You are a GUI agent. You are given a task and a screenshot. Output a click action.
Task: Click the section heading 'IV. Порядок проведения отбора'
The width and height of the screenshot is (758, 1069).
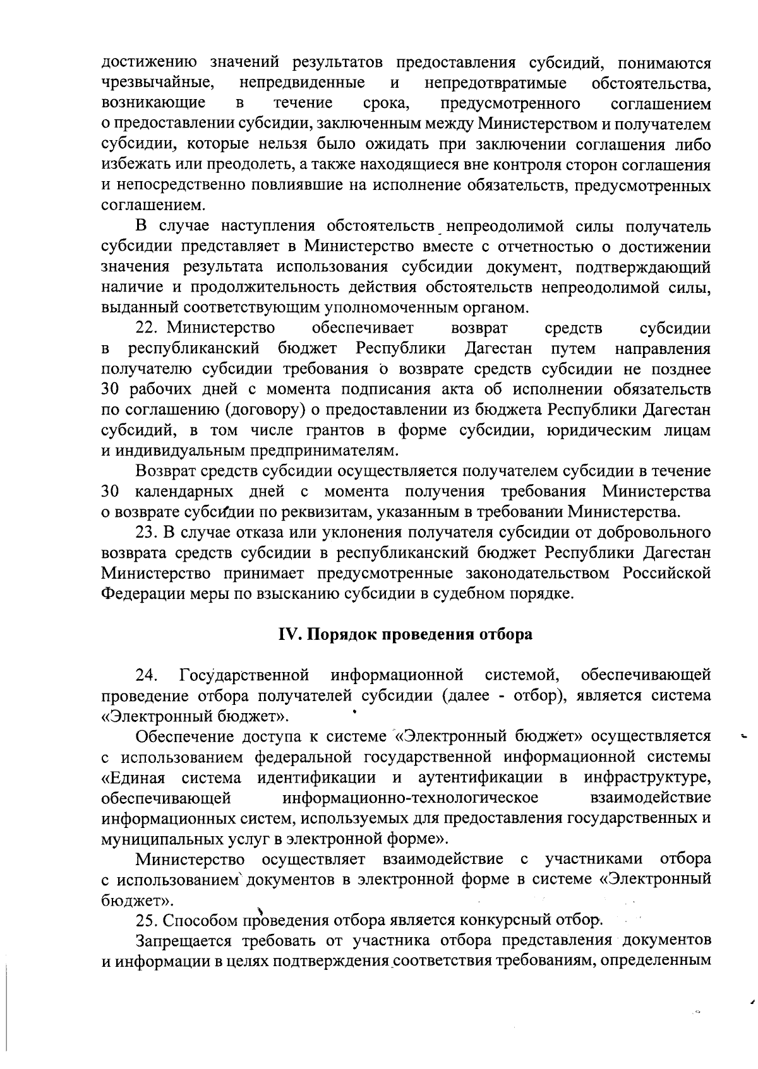click(406, 634)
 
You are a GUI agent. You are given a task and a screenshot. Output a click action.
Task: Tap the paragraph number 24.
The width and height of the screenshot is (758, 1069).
click(147, 675)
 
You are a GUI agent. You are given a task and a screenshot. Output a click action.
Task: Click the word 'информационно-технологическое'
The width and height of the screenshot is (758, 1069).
click(411, 798)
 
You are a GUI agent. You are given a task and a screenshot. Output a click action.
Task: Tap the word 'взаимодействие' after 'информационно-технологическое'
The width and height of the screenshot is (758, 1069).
click(649, 798)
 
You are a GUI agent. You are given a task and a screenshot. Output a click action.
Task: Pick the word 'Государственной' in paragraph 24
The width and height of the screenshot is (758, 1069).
click(244, 675)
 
